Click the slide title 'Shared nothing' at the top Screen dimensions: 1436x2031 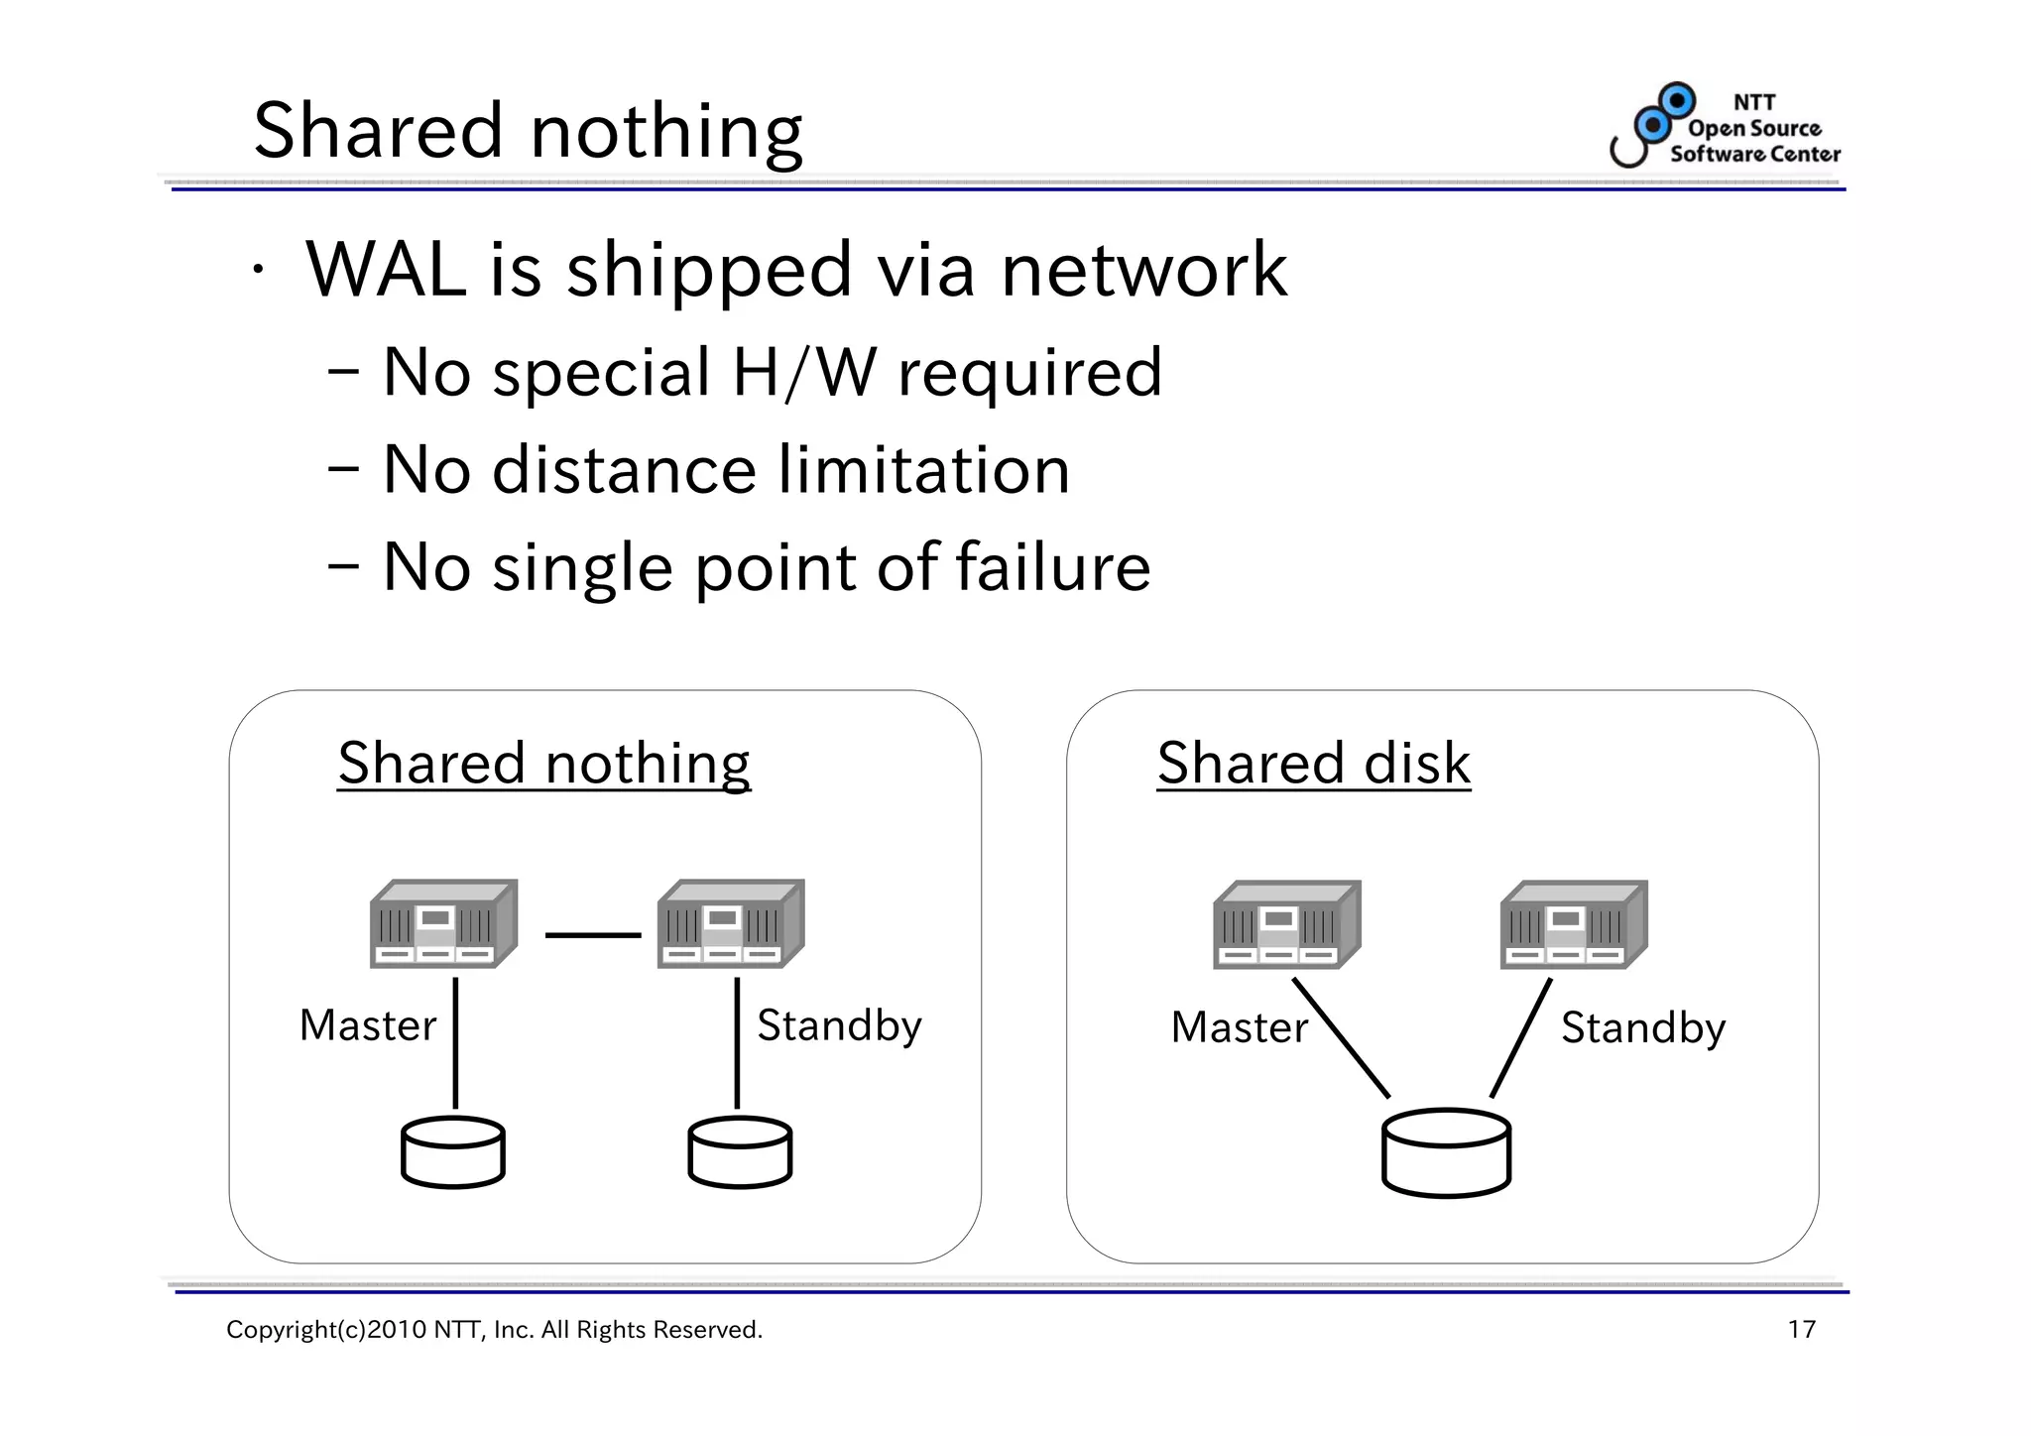pyautogui.click(x=528, y=131)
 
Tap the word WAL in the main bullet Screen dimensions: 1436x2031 pyautogui.click(x=386, y=270)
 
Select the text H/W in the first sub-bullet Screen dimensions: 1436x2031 pyautogui.click(x=803, y=373)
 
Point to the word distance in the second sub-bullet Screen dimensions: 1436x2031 pyautogui.click(x=624, y=470)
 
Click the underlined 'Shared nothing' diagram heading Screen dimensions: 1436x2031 pyautogui.click(x=543, y=764)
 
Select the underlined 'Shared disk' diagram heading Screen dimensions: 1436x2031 pyautogui.click(x=1313, y=764)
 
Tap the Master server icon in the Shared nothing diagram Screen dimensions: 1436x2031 pyautogui.click(x=443, y=923)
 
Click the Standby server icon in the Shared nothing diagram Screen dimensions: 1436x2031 pyautogui.click(x=731, y=923)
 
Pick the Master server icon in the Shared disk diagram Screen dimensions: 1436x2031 pyautogui.click(x=1286, y=924)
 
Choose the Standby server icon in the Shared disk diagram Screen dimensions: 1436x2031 pyautogui.click(x=1574, y=924)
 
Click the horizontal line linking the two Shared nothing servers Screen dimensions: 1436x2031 pyautogui.click(x=593, y=935)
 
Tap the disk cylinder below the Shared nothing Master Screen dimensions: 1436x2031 pyautogui.click(x=453, y=1152)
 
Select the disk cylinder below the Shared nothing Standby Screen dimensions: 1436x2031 pyautogui.click(x=740, y=1152)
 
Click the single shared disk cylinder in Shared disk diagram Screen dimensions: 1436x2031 pyautogui.click(x=1446, y=1153)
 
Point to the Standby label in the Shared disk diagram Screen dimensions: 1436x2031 pyautogui.click(x=1643, y=1028)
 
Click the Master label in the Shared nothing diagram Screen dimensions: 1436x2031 pyautogui.click(x=368, y=1025)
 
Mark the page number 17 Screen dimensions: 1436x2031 pyautogui.click(x=1801, y=1330)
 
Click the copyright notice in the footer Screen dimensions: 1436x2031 pyautogui.click(x=494, y=1330)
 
